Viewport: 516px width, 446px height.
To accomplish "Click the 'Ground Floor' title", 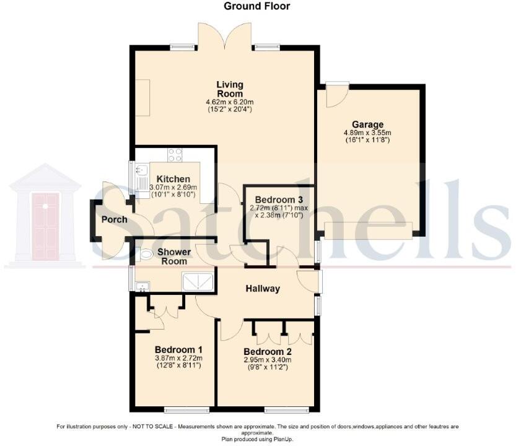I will pyautogui.click(x=257, y=6).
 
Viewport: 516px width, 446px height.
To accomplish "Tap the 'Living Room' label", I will pyautogui.click(x=230, y=89).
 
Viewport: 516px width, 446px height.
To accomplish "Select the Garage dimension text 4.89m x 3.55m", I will pyautogui.click(x=367, y=133).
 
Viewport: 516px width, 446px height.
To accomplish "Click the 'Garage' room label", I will pyautogui.click(x=368, y=124).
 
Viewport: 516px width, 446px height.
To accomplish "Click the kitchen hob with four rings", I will pyautogui.click(x=175, y=154).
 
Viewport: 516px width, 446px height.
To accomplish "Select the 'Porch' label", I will pyautogui.click(x=115, y=219).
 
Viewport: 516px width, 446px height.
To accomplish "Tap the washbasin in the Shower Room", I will pyautogui.click(x=142, y=286).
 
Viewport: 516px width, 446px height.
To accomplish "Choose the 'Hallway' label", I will pyautogui.click(x=263, y=289).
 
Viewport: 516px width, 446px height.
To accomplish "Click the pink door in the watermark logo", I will pyautogui.click(x=45, y=217).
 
